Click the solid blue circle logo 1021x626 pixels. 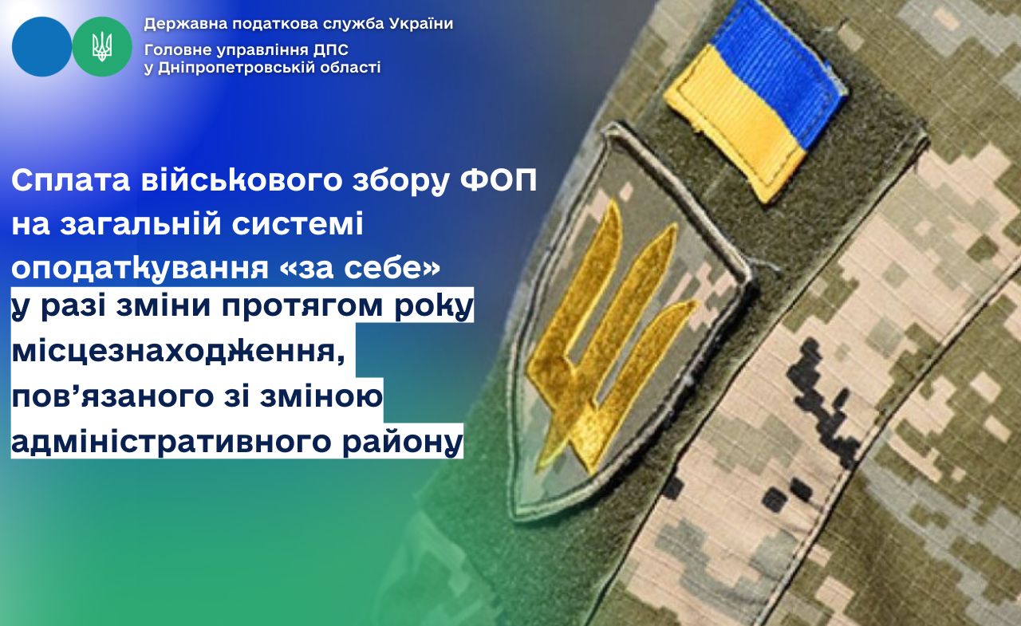point(41,46)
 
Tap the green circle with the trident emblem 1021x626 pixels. point(102,46)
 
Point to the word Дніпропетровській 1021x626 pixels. point(238,69)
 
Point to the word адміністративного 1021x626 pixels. point(171,441)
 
